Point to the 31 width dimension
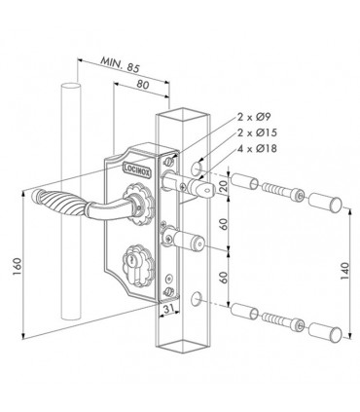[169, 309]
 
